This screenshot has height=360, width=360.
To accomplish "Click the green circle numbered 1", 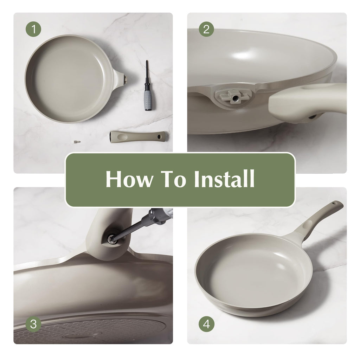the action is [33, 29].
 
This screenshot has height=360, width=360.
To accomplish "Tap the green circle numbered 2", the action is [206, 29].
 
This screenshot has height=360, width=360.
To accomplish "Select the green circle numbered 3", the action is [33, 324].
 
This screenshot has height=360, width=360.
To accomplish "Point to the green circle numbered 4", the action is [206, 324].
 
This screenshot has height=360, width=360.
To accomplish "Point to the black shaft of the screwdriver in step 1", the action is [147, 74].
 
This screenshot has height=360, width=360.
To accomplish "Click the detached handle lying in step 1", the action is [138, 137].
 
